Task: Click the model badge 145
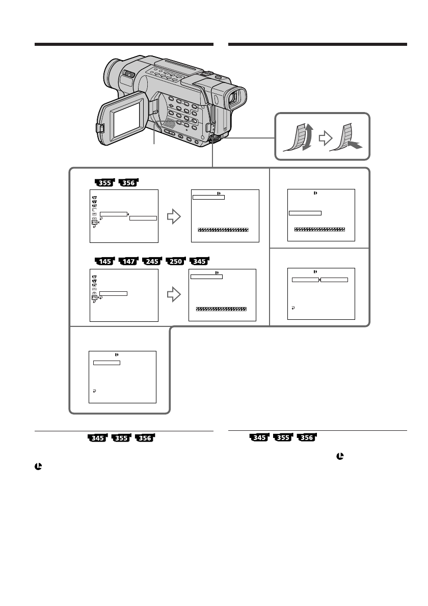tap(105, 261)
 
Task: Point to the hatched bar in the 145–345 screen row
tap(221, 309)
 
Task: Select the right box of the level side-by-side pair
tap(335, 280)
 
